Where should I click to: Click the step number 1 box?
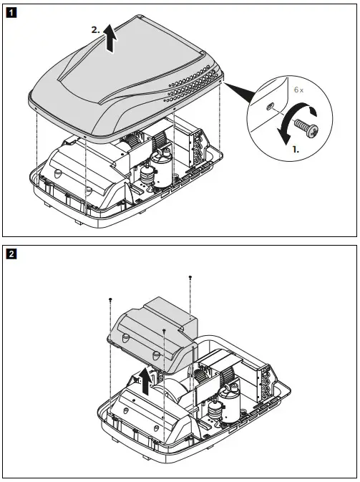coord(10,12)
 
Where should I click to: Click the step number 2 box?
coord(10,253)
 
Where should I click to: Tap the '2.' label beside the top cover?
coord(95,30)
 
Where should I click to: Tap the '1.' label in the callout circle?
coord(295,152)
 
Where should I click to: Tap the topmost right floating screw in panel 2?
coord(190,276)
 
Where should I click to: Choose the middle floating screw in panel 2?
coord(165,330)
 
